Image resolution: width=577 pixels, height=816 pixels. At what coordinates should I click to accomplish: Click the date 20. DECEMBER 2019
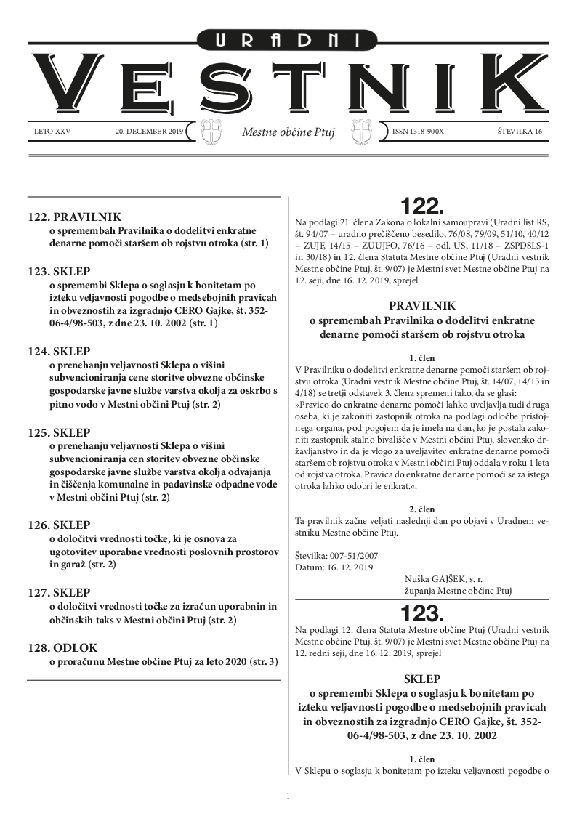click(150, 132)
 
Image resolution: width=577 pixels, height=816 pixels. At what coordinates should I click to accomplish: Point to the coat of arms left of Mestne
click(210, 133)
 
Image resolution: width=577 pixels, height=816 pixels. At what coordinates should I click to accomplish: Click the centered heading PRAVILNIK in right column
click(422, 306)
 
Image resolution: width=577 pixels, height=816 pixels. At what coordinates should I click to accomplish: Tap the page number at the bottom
click(288, 796)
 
